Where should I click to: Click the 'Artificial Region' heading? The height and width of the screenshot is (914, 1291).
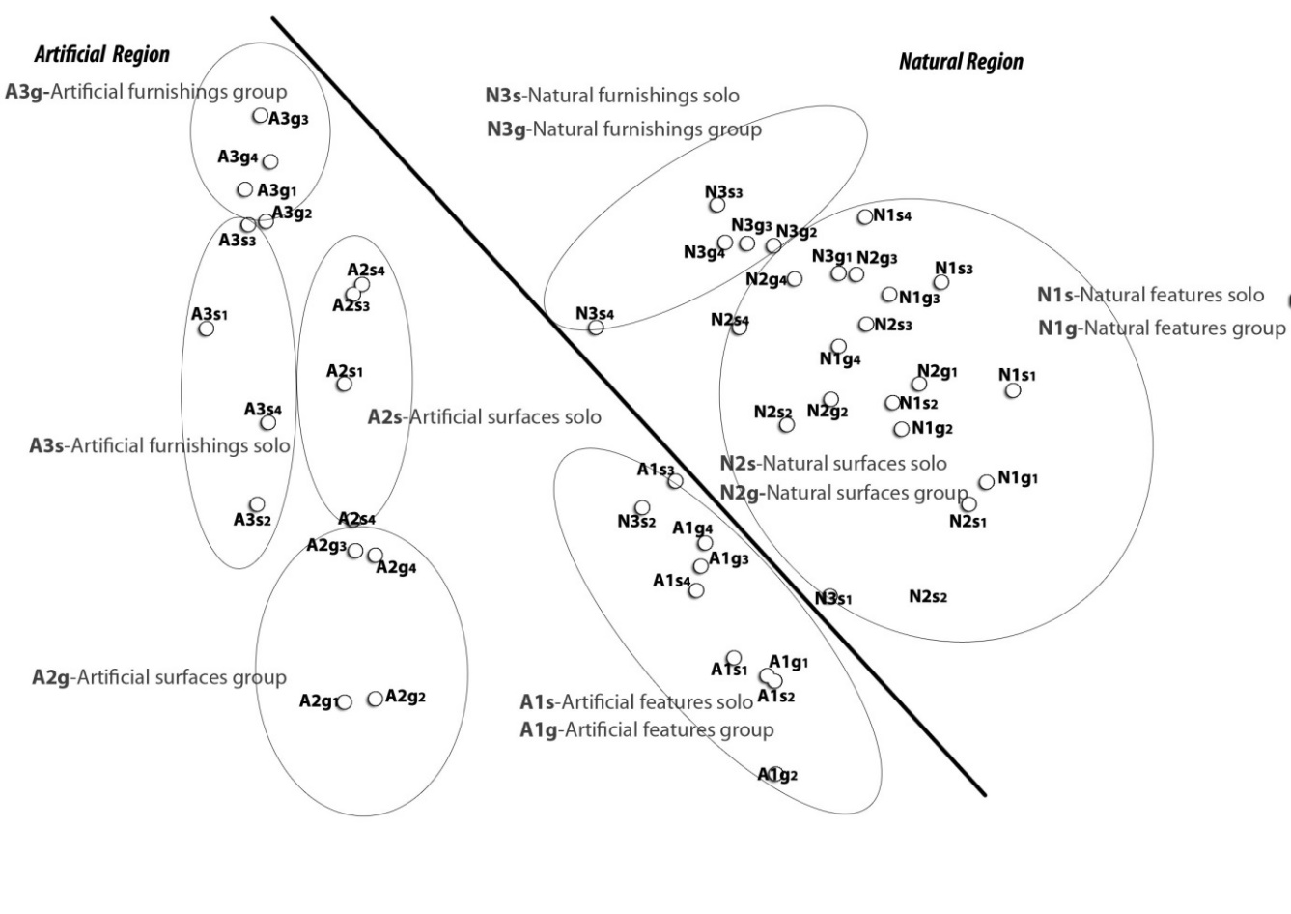[x=101, y=55]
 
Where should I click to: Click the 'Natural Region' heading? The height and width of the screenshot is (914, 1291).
[x=961, y=62]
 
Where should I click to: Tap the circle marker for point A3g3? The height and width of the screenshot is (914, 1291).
[x=260, y=116]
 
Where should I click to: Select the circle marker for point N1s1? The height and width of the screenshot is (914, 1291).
[x=1012, y=390]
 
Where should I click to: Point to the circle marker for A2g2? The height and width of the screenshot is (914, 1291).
[x=375, y=699]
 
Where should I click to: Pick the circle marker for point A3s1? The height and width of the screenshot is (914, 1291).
[x=206, y=328]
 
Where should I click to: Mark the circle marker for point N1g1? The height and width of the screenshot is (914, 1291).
[x=986, y=481]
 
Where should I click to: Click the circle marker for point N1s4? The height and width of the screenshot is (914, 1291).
[x=864, y=217]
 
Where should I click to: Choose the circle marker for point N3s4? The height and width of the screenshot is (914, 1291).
[x=596, y=328]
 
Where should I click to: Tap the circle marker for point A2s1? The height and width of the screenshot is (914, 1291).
[x=345, y=385]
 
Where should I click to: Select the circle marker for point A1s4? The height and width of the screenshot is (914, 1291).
[x=695, y=589]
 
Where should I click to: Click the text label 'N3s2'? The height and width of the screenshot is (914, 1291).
[x=636, y=522]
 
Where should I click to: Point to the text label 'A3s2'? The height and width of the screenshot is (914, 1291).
[x=252, y=520]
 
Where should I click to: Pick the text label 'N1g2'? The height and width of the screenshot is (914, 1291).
[x=932, y=428]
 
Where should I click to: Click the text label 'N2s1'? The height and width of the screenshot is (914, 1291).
[x=968, y=521]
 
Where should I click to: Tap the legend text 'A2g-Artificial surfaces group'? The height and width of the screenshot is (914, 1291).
[x=159, y=677]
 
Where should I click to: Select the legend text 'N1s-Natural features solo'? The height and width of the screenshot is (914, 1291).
[x=1150, y=295]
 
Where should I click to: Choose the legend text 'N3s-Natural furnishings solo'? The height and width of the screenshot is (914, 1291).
[x=612, y=96]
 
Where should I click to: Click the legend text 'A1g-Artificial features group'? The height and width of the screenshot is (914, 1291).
[x=646, y=729]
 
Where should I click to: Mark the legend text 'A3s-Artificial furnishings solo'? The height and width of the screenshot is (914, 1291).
[x=159, y=445]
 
